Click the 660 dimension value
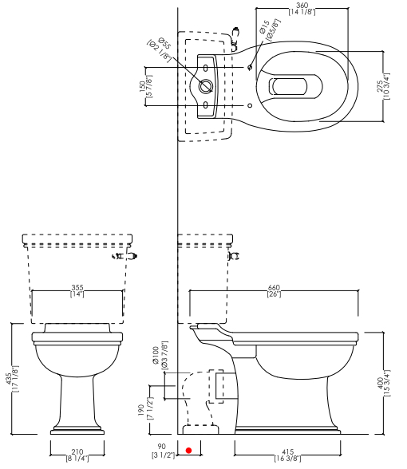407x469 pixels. click(x=274, y=288)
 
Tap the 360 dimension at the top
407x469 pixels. click(x=302, y=6)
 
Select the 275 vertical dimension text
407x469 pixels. click(x=380, y=86)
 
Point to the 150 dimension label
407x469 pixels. click(x=143, y=86)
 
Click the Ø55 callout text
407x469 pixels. click(x=164, y=44)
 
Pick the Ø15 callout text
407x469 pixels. click(x=265, y=26)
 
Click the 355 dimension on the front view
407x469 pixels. click(x=77, y=288)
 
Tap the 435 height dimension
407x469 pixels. click(x=10, y=379)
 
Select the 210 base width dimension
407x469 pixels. click(x=77, y=452)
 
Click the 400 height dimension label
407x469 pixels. click(x=380, y=383)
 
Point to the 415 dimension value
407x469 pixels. click(x=287, y=452)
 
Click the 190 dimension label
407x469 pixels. click(x=142, y=409)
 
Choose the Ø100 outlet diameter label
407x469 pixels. click(x=156, y=356)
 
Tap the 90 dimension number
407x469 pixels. click(x=161, y=447)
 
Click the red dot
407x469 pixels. click(x=188, y=450)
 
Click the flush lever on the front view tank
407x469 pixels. click(x=124, y=256)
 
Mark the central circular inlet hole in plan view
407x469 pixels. click(x=206, y=86)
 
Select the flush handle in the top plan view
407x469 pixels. click(x=235, y=38)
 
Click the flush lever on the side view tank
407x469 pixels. click(x=235, y=256)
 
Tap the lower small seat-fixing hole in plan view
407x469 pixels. click(x=251, y=105)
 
